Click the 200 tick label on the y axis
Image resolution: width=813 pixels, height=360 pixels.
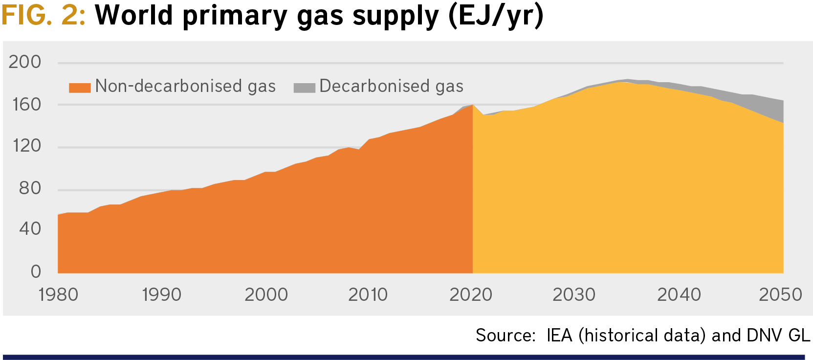tap(25, 62)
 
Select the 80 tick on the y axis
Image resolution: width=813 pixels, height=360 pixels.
tap(30, 188)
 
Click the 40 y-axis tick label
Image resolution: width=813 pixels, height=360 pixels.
tap(30, 228)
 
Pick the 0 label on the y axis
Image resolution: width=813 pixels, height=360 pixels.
tap(36, 271)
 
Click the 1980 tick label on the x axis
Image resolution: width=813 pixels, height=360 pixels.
tap(59, 294)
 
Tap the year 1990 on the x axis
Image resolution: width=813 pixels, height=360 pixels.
tap(162, 294)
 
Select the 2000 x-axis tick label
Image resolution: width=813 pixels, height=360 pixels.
tap(266, 294)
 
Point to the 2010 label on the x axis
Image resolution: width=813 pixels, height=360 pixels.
tap(368, 294)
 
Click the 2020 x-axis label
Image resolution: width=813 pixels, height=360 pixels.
tap(471, 294)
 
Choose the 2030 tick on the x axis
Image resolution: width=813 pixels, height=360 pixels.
tap(574, 294)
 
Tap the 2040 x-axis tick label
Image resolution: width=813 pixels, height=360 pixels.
tap(679, 294)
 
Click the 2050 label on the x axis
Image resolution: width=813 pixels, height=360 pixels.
tap(780, 294)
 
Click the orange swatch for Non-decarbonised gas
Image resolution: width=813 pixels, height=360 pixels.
tap(80, 88)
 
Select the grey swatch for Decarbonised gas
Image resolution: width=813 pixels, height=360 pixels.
tap(304, 88)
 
